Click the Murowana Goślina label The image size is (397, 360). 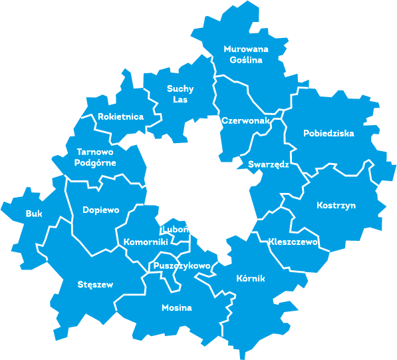(x=243, y=55)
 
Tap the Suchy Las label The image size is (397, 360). (x=180, y=94)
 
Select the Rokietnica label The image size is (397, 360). (x=120, y=116)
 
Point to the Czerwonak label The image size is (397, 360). (x=245, y=121)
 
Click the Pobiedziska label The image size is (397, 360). (x=329, y=133)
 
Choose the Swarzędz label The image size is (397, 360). (x=268, y=164)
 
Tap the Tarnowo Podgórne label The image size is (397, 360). (x=96, y=157)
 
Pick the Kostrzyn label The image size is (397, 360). (x=336, y=205)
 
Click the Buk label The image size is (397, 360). (x=34, y=214)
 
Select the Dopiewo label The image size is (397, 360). (x=101, y=210)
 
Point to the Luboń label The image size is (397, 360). (x=174, y=230)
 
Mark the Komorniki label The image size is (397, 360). (x=145, y=242)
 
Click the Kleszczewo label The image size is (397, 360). (x=293, y=241)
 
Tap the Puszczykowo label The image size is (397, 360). (x=182, y=266)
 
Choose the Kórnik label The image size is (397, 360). (x=251, y=278)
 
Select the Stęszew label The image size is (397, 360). (x=95, y=285)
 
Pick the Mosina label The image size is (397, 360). (x=177, y=308)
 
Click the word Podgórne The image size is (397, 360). (x=96, y=162)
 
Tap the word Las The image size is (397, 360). (x=180, y=100)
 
